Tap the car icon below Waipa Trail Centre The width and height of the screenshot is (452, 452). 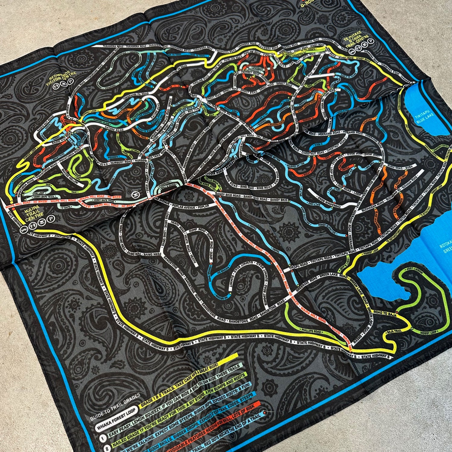23,230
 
